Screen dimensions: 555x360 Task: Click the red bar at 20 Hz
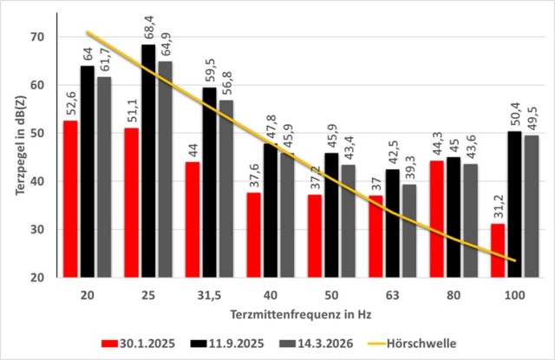pyautogui.click(x=70, y=199)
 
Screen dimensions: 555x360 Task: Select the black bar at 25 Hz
pyautogui.click(x=148, y=161)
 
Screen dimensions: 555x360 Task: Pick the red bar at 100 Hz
pyautogui.click(x=497, y=251)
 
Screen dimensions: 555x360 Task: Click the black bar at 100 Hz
pyautogui.click(x=514, y=204)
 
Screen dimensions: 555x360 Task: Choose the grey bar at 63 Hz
pyautogui.click(x=409, y=231)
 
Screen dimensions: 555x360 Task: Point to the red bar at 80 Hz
pyautogui.click(x=436, y=219)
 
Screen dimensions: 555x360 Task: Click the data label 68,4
pyautogui.click(x=149, y=27)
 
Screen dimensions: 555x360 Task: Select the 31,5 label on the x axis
pyautogui.click(x=209, y=295)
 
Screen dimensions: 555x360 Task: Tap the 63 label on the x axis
pyautogui.click(x=392, y=295)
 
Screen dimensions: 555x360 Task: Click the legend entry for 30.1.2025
pyautogui.click(x=138, y=344)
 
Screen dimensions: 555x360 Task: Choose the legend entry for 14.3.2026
pyautogui.click(x=316, y=344)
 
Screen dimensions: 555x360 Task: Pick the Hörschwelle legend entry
pyautogui.click(x=412, y=344)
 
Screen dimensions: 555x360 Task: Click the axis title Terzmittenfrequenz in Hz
pyautogui.click(x=301, y=314)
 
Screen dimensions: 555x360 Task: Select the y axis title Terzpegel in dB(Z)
pyautogui.click(x=21, y=146)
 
